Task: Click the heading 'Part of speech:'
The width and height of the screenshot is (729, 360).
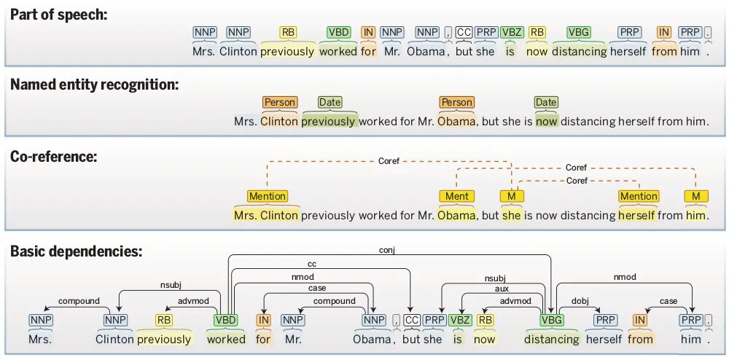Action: tap(58, 14)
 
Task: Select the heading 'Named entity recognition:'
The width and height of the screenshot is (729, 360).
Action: tap(94, 85)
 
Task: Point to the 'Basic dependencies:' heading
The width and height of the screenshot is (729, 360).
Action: tap(76, 251)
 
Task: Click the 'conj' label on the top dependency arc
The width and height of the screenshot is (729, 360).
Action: tap(386, 250)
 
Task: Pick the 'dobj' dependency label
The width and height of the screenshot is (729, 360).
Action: tap(580, 301)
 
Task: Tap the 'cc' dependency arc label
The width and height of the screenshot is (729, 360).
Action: tap(311, 264)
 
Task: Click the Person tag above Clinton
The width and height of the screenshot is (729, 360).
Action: tap(280, 103)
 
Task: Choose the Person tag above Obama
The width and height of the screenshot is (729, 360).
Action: tap(456, 103)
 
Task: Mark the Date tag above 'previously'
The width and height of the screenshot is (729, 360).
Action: tap(330, 103)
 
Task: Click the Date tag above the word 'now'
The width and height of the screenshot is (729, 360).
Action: tap(546, 103)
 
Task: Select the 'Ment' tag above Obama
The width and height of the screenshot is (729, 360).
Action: tap(457, 196)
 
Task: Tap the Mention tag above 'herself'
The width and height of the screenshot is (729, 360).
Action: tap(638, 196)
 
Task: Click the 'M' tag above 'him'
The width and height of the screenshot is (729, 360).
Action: tap(696, 196)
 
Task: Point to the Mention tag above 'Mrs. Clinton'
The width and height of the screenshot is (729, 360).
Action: tap(268, 196)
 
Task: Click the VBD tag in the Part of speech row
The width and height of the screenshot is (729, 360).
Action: tap(338, 32)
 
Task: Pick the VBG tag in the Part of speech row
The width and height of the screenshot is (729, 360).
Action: tap(579, 32)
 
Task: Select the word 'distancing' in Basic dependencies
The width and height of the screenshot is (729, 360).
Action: tap(552, 339)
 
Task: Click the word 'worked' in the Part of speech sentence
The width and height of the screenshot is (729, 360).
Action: tap(338, 52)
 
